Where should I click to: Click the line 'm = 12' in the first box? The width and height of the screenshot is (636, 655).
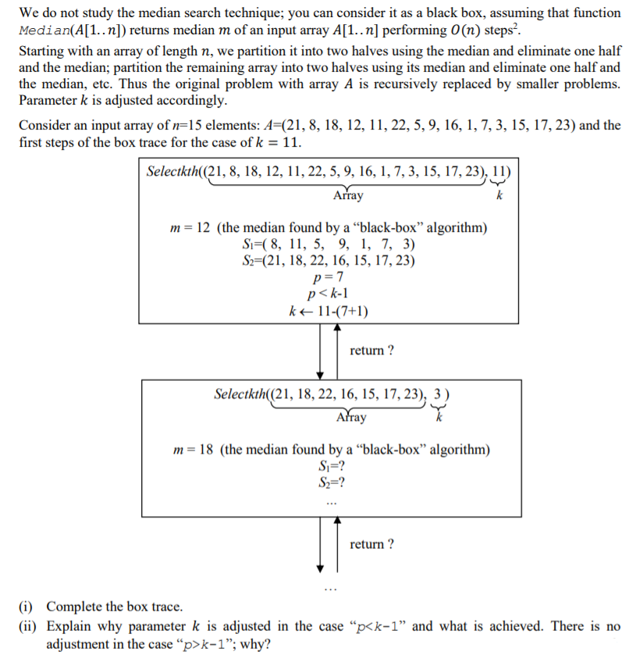[x=329, y=228]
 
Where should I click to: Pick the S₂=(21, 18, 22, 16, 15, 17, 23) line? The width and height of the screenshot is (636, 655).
[x=329, y=261]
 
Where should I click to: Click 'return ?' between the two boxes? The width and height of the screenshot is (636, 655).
[x=371, y=351]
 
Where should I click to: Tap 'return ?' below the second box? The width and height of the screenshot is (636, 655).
[x=371, y=543]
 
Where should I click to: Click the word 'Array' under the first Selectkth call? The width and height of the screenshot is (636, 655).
[x=347, y=195]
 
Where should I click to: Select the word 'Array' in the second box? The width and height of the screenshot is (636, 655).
[x=350, y=418]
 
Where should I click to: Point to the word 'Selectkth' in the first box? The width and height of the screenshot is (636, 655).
[x=172, y=173]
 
